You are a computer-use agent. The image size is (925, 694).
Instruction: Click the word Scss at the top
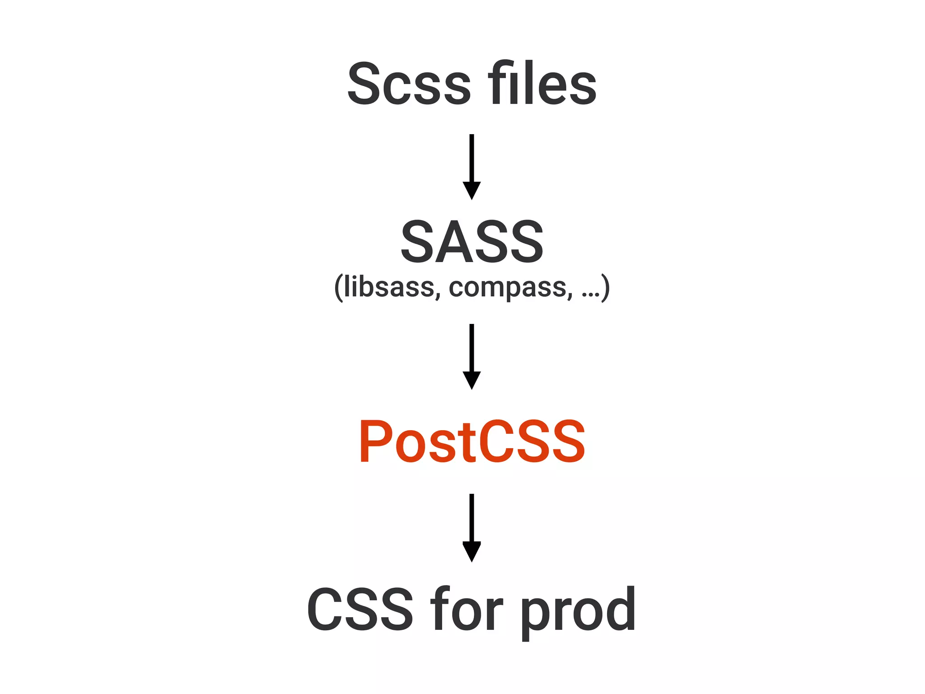click(x=409, y=84)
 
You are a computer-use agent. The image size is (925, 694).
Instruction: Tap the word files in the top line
click(x=542, y=84)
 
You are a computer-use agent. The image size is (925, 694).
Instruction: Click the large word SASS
click(x=472, y=241)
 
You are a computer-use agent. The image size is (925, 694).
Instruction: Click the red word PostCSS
click(x=472, y=441)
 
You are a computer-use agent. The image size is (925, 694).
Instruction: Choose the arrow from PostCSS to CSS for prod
click(x=472, y=527)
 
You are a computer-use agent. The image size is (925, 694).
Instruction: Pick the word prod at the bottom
click(x=578, y=610)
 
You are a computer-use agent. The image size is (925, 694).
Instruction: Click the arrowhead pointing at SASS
click(x=472, y=190)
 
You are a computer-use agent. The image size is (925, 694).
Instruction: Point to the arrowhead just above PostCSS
click(x=472, y=380)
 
